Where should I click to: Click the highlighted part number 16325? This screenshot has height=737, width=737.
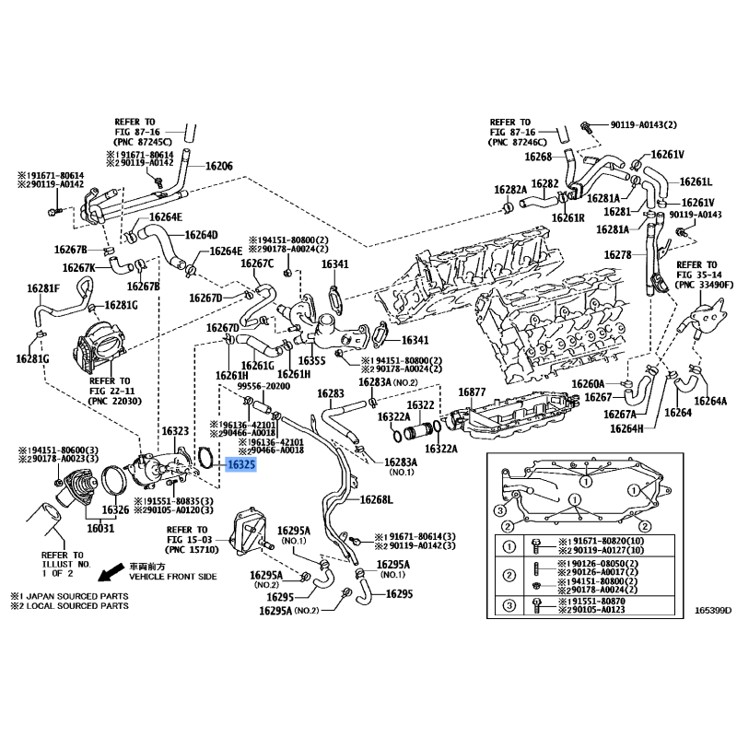[241, 465]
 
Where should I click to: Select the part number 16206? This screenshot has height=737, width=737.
[218, 167]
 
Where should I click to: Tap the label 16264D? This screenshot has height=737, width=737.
[200, 235]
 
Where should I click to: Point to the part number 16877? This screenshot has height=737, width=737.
[472, 392]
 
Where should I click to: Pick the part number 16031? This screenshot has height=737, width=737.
[100, 529]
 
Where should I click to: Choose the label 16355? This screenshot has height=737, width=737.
[313, 359]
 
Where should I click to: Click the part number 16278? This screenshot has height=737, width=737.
[618, 254]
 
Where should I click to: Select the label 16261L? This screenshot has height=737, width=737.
[696, 181]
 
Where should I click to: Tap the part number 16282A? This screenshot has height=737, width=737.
[509, 190]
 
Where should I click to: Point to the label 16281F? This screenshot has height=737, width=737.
[42, 289]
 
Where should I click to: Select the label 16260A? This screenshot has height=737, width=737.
[588, 383]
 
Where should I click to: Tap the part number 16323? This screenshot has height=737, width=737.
[175, 431]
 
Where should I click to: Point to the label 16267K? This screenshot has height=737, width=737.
[79, 268]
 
